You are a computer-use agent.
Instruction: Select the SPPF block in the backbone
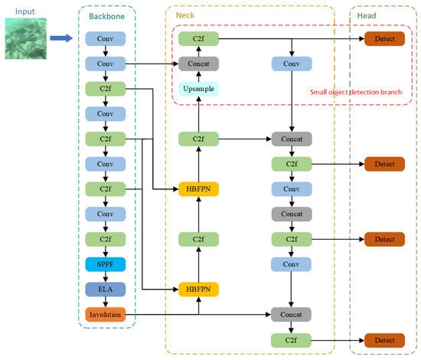pyautogui.click(x=106, y=263)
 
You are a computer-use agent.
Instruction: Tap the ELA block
pyautogui.click(x=106, y=289)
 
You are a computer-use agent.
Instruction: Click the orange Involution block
pyautogui.click(x=106, y=314)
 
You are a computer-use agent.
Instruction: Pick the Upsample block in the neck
pyautogui.click(x=199, y=89)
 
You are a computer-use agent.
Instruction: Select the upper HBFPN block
pyautogui.click(x=199, y=189)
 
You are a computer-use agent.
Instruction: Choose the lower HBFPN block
pyautogui.click(x=199, y=289)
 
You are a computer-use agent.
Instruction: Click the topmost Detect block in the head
pyautogui.click(x=384, y=38)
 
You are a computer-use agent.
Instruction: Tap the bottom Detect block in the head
pyautogui.click(x=384, y=339)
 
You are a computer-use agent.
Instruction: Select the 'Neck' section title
pyautogui.click(x=185, y=15)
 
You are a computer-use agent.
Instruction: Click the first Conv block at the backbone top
pyautogui.click(x=106, y=38)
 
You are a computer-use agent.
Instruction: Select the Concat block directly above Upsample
pyautogui.click(x=199, y=64)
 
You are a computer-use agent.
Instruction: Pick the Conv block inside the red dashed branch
pyautogui.click(x=291, y=64)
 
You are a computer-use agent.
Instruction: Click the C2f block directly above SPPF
pyautogui.click(x=106, y=239)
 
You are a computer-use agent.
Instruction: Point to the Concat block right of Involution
pyautogui.click(x=291, y=314)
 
